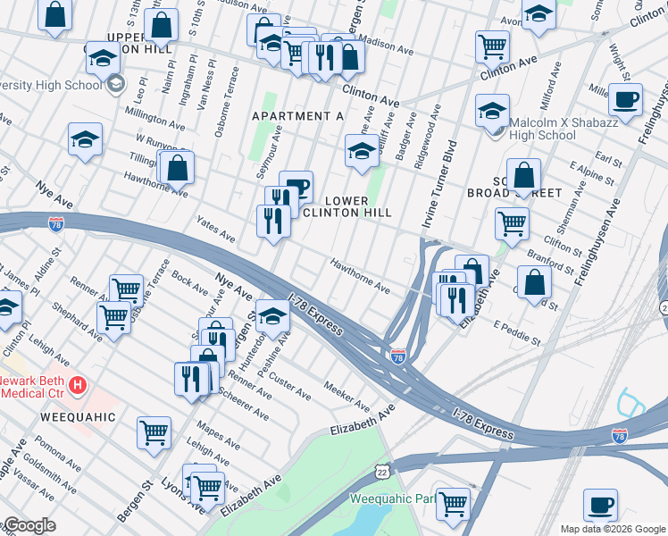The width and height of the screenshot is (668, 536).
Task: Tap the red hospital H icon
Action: click(x=79, y=385)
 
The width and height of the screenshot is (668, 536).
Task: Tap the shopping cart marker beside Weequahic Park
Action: click(x=454, y=502)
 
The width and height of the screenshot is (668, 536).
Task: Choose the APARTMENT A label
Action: click(x=297, y=117)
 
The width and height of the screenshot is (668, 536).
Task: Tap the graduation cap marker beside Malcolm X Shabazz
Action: click(x=492, y=110)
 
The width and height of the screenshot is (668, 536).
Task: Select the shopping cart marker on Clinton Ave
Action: click(x=492, y=46)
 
